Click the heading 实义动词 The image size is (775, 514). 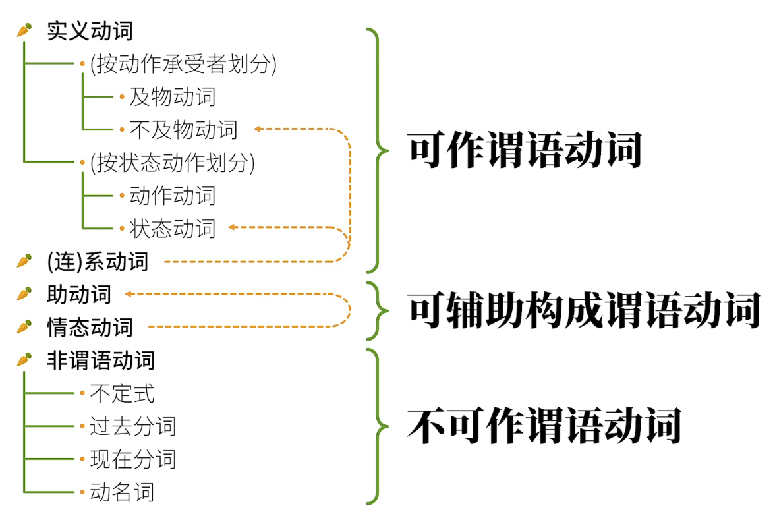tap(90, 31)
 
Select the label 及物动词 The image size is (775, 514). tap(172, 98)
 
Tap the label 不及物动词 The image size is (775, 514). tap(183, 130)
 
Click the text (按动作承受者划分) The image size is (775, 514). tap(183, 65)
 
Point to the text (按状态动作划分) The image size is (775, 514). tap(172, 163)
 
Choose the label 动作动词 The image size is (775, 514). tap(172, 196)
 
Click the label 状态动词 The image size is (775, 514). tap(172, 229)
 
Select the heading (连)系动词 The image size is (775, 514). tap(98, 262)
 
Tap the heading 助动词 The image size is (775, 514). tap(79, 295)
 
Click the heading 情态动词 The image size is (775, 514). tap(90, 327)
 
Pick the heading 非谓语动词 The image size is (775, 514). tap(100, 360)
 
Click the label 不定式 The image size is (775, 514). tap(122, 393)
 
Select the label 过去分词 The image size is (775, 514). tap(133, 426)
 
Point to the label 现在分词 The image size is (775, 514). tap(133, 459)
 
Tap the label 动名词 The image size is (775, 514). tap(122, 492)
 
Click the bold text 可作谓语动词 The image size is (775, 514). tap(525, 152)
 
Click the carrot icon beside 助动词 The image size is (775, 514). tap(24, 294)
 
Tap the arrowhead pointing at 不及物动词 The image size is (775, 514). tap(258, 129)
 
